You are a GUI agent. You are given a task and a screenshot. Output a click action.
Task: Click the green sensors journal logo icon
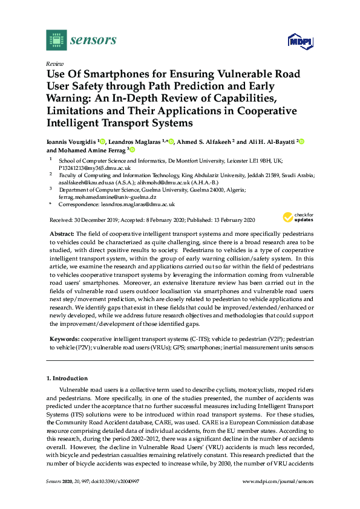(56, 41)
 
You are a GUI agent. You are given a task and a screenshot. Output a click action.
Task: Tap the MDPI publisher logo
(299, 42)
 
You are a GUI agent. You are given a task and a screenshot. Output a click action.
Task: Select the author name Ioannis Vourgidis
(73, 141)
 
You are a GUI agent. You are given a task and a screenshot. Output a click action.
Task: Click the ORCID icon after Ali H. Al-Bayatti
(301, 141)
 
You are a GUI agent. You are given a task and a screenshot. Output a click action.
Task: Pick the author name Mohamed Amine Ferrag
(91, 151)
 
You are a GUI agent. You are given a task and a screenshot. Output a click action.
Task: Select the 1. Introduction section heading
(67, 378)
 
